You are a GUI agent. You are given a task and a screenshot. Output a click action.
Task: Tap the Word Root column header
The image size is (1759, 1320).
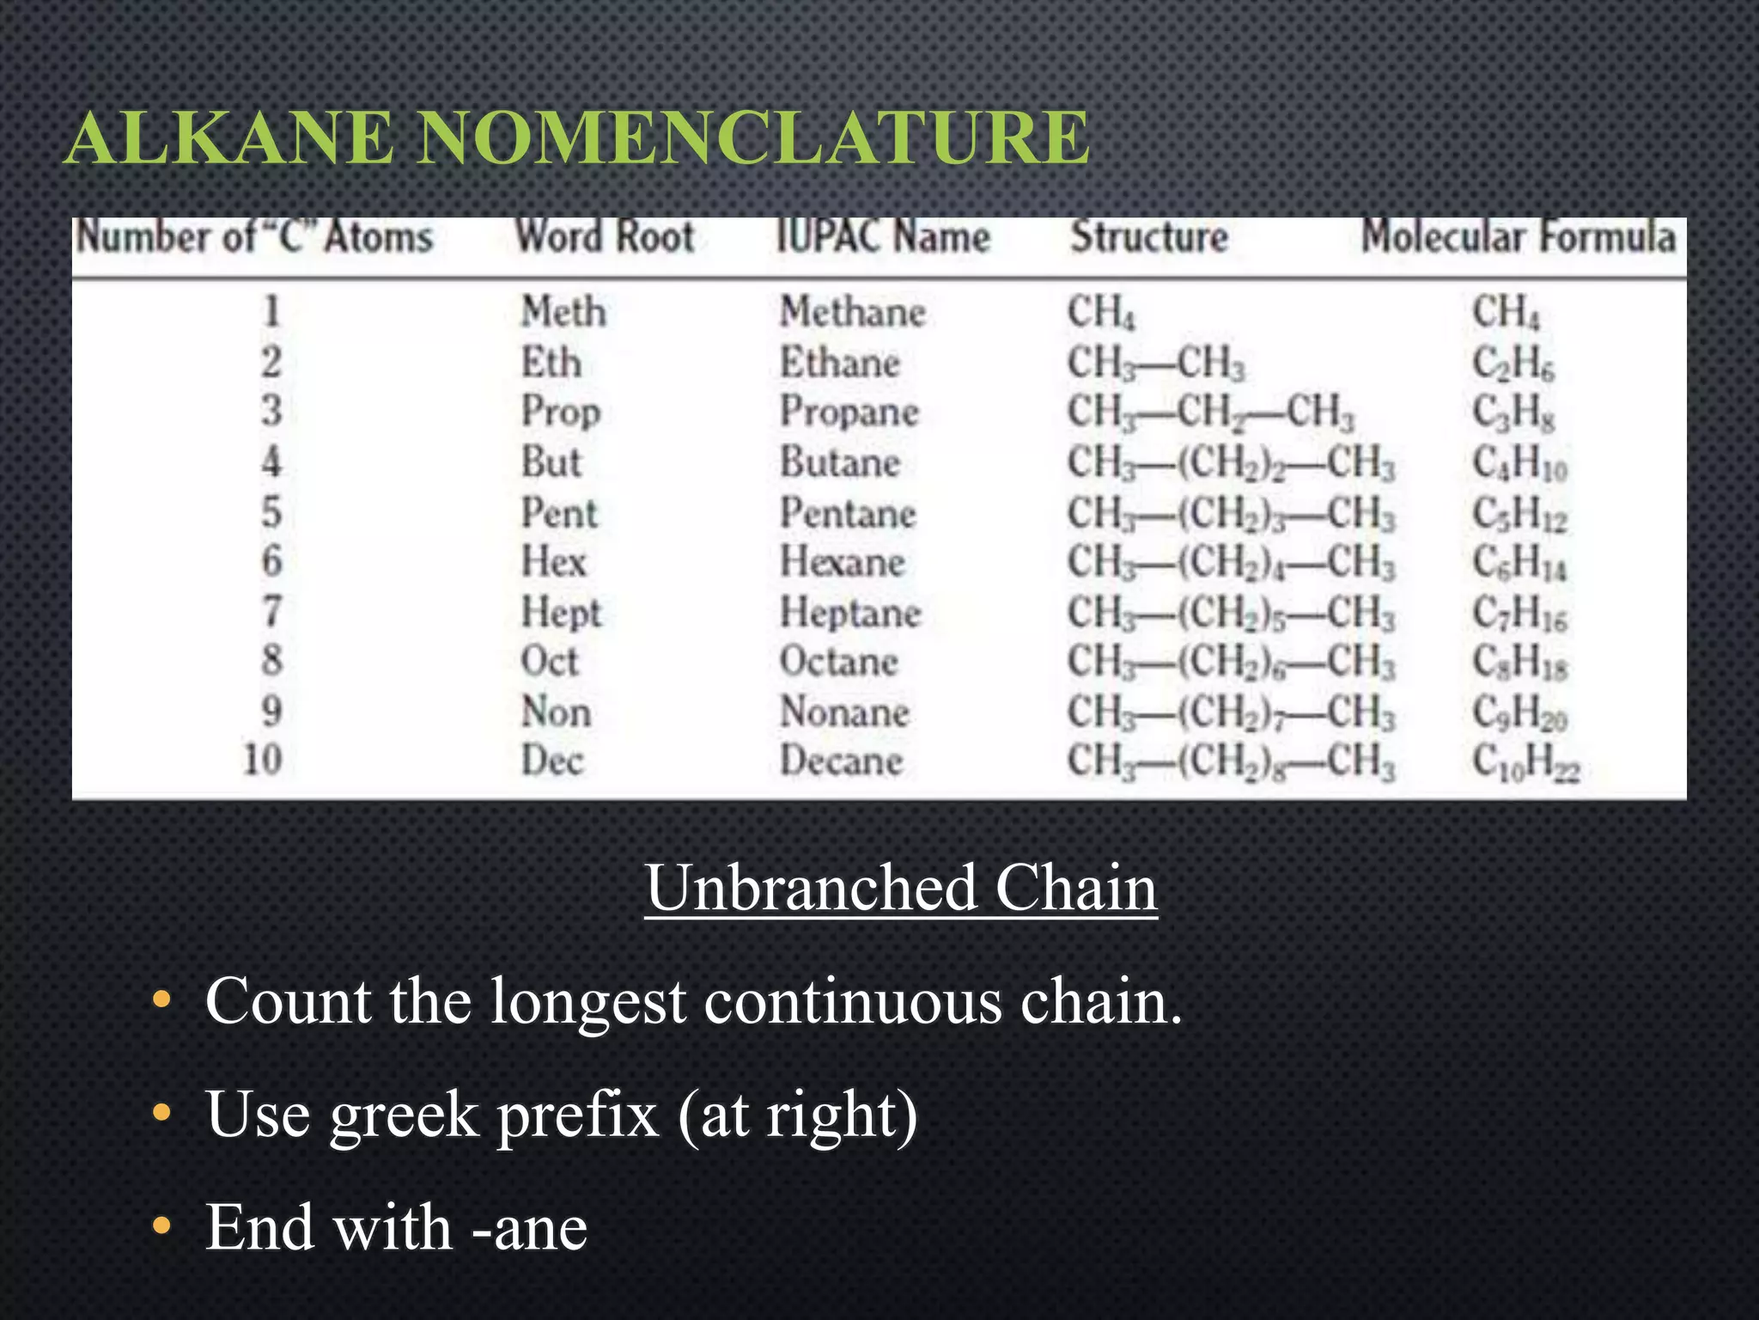[x=605, y=237]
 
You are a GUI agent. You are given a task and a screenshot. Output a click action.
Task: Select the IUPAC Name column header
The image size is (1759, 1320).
[x=883, y=237]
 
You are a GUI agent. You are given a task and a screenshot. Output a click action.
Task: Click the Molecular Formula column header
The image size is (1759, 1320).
[x=1518, y=237]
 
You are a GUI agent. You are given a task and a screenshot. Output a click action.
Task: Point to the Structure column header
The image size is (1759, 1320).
[x=1149, y=237]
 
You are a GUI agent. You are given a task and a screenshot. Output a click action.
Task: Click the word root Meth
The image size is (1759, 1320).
[x=563, y=311]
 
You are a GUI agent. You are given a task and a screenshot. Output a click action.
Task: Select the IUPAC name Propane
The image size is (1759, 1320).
[x=849, y=412]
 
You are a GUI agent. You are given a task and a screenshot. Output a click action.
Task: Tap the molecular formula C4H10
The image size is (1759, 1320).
[x=1519, y=464]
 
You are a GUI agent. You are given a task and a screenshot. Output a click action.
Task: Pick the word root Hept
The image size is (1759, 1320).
[x=561, y=614]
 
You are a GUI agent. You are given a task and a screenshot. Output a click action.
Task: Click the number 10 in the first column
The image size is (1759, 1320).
[x=262, y=760]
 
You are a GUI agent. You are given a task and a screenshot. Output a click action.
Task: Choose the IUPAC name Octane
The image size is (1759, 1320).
[x=838, y=662]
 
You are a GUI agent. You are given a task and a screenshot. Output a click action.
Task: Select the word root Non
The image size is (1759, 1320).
[x=556, y=712]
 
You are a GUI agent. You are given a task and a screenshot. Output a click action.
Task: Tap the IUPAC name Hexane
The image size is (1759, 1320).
[x=842, y=563]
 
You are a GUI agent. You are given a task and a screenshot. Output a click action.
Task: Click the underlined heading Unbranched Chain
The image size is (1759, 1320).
[x=901, y=888]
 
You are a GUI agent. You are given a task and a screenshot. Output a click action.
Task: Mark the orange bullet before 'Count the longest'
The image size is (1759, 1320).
[x=161, y=1001]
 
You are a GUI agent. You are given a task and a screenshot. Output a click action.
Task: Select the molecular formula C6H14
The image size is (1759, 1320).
[x=1519, y=564]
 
